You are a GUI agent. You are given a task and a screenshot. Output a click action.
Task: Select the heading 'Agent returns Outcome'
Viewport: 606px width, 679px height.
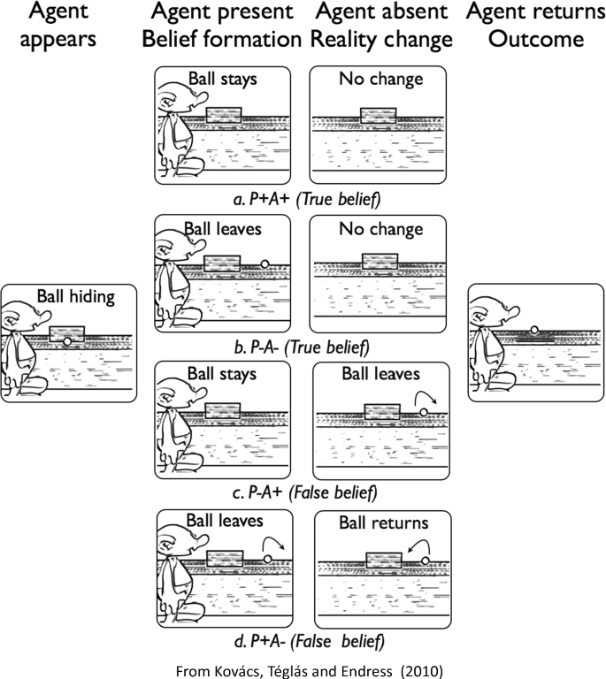click(x=534, y=26)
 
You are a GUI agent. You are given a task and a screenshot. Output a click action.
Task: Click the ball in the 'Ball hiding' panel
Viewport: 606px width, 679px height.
click(x=67, y=341)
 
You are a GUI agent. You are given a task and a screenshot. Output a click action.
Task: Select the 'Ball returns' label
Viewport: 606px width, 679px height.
click(x=383, y=523)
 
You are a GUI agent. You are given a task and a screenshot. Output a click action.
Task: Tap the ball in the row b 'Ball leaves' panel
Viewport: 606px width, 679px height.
click(x=265, y=263)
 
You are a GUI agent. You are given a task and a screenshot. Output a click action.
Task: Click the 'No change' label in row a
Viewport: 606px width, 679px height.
click(x=380, y=80)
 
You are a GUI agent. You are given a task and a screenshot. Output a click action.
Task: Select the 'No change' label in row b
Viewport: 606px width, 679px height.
click(x=380, y=228)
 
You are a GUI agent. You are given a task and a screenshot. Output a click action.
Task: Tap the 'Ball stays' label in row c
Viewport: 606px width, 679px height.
click(x=221, y=374)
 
